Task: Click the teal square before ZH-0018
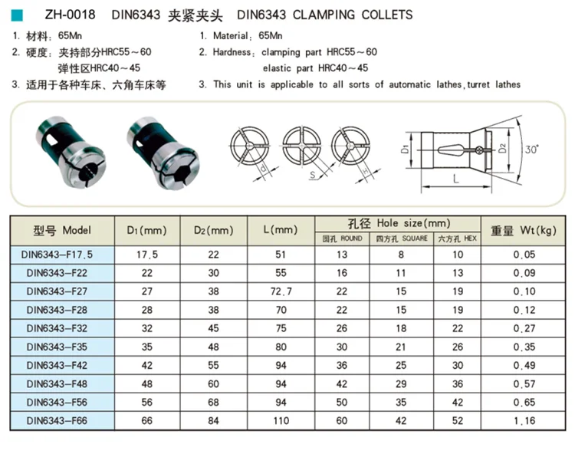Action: pyautogui.click(x=18, y=15)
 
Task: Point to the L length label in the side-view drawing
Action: pyautogui.click(x=455, y=178)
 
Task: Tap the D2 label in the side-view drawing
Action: pyautogui.click(x=503, y=147)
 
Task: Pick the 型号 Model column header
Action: pyautogui.click(x=62, y=230)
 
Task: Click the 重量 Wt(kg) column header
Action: pyautogui.click(x=523, y=230)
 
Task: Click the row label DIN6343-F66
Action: pyautogui.click(x=58, y=420)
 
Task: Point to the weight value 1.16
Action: pyautogui.click(x=523, y=420)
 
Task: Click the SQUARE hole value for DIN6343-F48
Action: pyautogui.click(x=399, y=383)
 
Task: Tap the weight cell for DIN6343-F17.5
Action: pyautogui.click(x=523, y=253)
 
